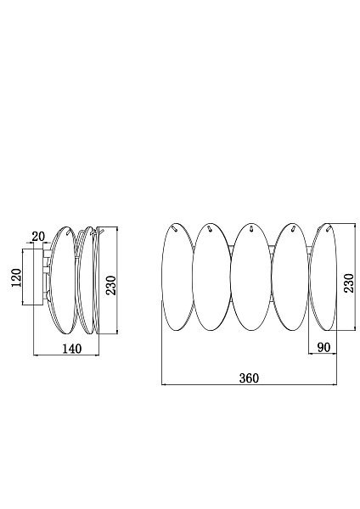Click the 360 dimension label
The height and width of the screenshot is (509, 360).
click(250, 378)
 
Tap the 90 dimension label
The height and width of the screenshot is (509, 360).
click(323, 347)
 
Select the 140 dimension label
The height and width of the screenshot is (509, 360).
click(72, 349)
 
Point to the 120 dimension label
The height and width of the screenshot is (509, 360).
click(16, 277)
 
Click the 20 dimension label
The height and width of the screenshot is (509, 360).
click(38, 237)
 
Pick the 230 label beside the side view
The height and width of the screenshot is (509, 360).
click(111, 285)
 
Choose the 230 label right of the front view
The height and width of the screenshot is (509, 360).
click(349, 283)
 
